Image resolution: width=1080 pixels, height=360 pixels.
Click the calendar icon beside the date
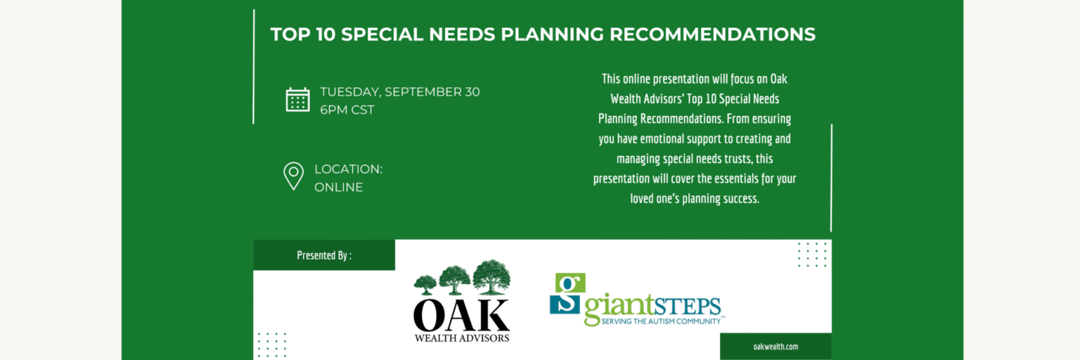(297, 100)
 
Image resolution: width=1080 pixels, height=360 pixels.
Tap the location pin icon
(293, 176)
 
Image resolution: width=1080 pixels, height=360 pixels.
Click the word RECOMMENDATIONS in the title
(712, 34)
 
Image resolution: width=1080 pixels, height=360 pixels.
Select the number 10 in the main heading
(325, 34)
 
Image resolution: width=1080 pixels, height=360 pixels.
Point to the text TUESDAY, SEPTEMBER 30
(399, 91)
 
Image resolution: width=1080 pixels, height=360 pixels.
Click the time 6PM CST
(347, 110)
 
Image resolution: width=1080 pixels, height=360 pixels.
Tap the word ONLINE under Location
(338, 187)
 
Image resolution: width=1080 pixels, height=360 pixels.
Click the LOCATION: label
(348, 169)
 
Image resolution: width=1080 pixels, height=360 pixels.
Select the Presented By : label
(324, 255)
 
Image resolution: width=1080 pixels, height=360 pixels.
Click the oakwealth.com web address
(776, 347)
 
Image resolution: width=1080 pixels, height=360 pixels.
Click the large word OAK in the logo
(461, 316)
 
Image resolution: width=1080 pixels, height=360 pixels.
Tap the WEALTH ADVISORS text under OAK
(461, 338)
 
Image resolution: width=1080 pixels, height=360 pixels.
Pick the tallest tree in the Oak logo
(491, 277)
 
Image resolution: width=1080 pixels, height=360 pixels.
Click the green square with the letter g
(570, 283)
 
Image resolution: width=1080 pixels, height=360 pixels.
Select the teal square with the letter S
(565, 304)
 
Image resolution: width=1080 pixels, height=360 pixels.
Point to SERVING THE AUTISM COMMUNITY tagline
(661, 321)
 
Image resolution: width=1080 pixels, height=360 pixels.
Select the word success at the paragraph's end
(740, 198)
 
